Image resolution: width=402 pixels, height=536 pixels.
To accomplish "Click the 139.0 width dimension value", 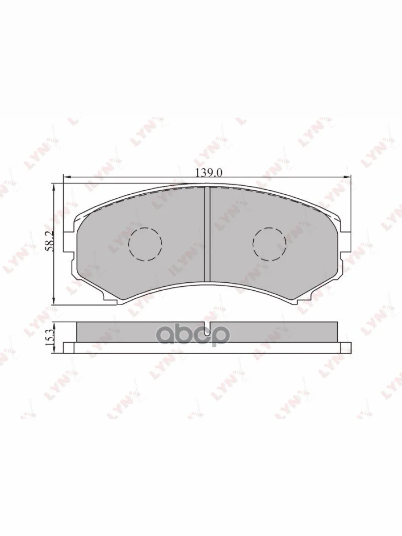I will pos(209,172).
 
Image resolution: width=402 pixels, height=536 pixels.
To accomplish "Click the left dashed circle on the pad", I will pos(145,244).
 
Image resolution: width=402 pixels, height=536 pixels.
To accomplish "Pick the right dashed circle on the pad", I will pos(269,244).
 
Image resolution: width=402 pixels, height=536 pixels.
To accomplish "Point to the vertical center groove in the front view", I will pos(207,234).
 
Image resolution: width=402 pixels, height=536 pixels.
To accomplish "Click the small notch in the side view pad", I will pos(207,326).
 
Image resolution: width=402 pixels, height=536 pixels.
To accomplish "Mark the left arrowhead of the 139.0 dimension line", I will pos(66,177).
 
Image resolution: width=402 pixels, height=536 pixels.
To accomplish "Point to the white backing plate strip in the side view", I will pos(207,348).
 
